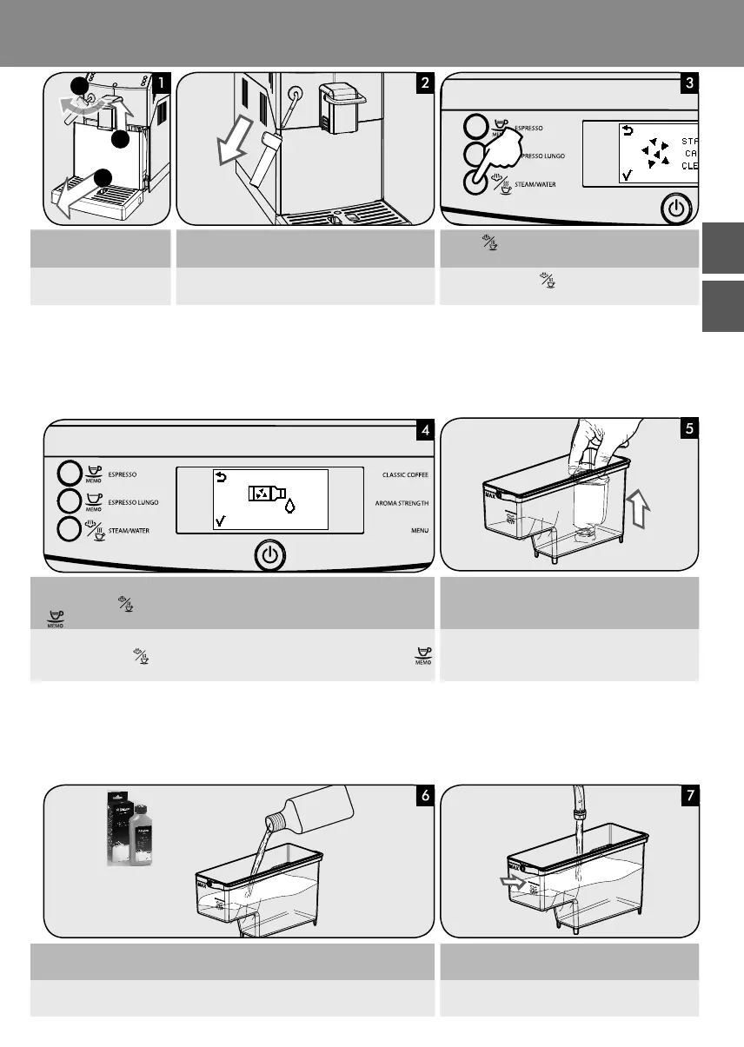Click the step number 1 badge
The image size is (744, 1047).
(x=162, y=84)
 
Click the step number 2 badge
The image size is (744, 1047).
(x=423, y=84)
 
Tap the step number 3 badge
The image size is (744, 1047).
(x=689, y=84)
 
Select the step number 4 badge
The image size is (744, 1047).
(x=423, y=429)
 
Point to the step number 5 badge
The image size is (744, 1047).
(x=689, y=429)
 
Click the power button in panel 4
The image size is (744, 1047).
(x=270, y=554)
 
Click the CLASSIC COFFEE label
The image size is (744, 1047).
(x=405, y=475)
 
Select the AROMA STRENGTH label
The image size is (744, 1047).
(x=402, y=503)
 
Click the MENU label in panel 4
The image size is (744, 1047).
(x=416, y=530)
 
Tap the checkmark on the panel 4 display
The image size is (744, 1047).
(x=221, y=520)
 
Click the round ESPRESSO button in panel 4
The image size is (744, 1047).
(x=69, y=474)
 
